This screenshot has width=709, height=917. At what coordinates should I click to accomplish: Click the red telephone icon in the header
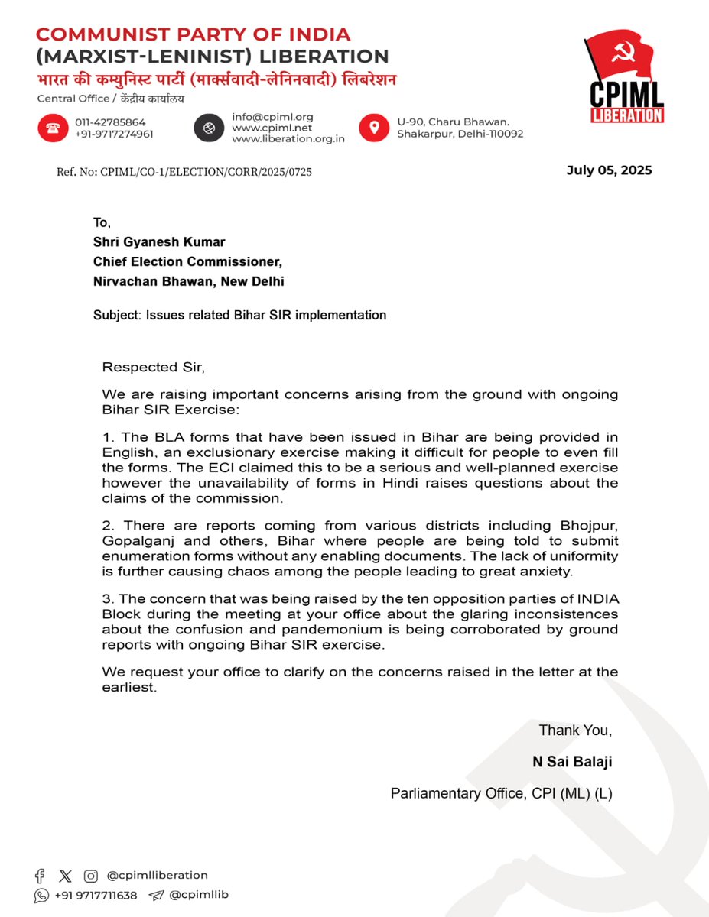[53, 128]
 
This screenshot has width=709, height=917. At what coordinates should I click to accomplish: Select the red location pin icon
[373, 128]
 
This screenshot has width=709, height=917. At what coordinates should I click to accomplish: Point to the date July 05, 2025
[609, 170]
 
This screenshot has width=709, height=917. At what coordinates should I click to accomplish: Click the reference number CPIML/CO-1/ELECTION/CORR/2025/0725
[184, 172]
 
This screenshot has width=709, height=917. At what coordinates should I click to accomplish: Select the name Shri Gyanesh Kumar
[159, 242]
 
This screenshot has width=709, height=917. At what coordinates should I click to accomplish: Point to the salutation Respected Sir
[153, 367]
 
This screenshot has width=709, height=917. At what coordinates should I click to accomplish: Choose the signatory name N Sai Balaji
[572, 762]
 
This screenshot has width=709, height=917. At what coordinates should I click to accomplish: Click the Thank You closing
[575, 731]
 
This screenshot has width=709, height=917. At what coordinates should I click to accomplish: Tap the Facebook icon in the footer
[40, 876]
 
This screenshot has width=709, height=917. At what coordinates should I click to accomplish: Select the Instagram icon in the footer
[91, 876]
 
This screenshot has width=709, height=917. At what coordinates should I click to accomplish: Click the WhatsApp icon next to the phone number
[41, 896]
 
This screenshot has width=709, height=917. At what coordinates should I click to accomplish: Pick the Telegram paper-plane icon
[156, 896]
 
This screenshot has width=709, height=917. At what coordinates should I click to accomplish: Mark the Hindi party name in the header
[216, 80]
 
